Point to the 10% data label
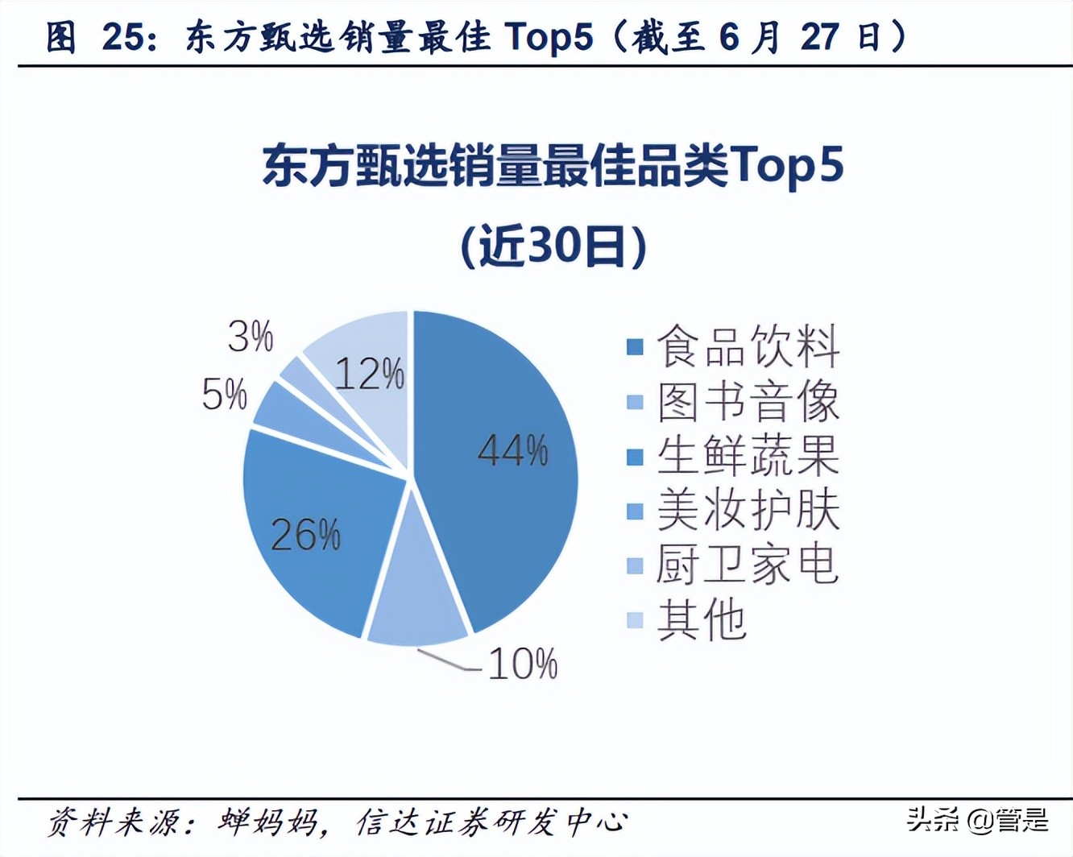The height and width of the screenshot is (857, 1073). click(x=523, y=664)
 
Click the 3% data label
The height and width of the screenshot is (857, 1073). click(x=251, y=336)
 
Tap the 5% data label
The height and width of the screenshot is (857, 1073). click(x=224, y=395)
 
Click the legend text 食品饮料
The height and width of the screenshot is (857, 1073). click(x=748, y=347)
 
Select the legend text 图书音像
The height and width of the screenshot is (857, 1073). click(x=748, y=401)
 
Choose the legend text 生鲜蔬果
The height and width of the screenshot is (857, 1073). click(x=748, y=456)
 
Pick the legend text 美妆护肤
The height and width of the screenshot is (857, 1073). click(x=748, y=511)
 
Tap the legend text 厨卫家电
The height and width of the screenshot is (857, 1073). click(x=748, y=565)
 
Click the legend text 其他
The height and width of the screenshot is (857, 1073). click(x=702, y=619)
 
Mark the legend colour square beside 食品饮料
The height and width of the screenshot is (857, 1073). click(x=636, y=347)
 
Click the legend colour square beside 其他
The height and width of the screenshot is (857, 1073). click(x=636, y=619)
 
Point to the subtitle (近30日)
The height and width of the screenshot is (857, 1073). click(x=553, y=246)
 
